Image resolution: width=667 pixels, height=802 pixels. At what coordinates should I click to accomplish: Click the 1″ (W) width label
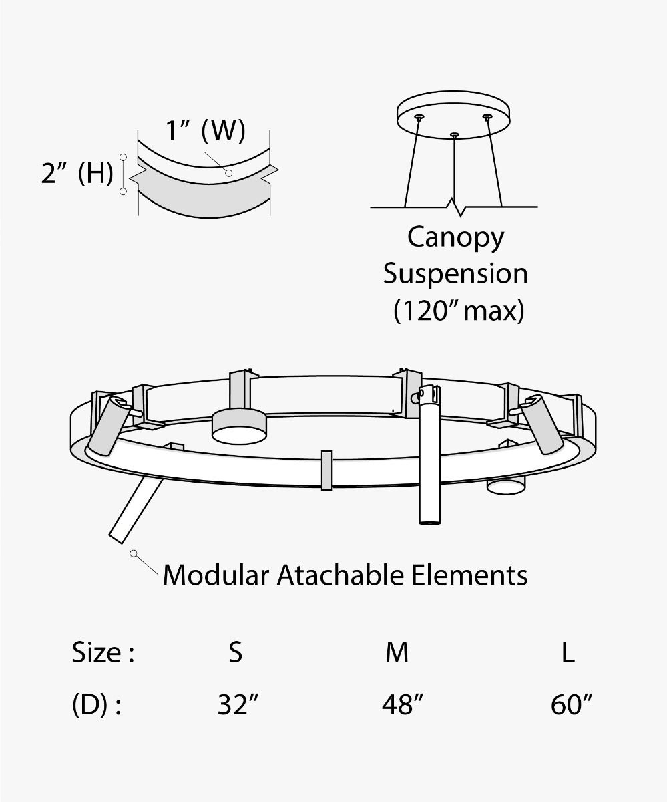click(205, 131)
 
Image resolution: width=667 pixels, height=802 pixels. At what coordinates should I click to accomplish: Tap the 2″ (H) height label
click(77, 174)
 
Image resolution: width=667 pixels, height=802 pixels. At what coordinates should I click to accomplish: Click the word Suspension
click(455, 274)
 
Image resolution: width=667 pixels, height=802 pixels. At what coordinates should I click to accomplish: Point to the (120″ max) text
click(458, 311)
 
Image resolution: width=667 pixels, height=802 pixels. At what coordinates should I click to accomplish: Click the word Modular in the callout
click(216, 575)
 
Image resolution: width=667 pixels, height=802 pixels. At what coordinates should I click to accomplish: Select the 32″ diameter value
click(238, 705)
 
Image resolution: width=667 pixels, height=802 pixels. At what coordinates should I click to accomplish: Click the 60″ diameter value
click(572, 705)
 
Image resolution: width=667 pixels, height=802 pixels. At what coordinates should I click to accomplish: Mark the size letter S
click(235, 652)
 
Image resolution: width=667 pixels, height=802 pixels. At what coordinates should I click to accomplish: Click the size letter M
click(397, 652)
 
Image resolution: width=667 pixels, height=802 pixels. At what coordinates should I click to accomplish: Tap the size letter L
click(568, 652)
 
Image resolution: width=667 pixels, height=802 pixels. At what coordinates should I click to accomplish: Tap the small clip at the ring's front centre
click(326, 470)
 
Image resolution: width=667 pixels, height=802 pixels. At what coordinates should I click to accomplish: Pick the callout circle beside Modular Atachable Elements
click(134, 553)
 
